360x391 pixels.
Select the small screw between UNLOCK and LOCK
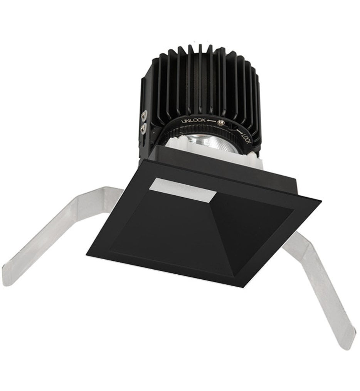pos(221,123)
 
